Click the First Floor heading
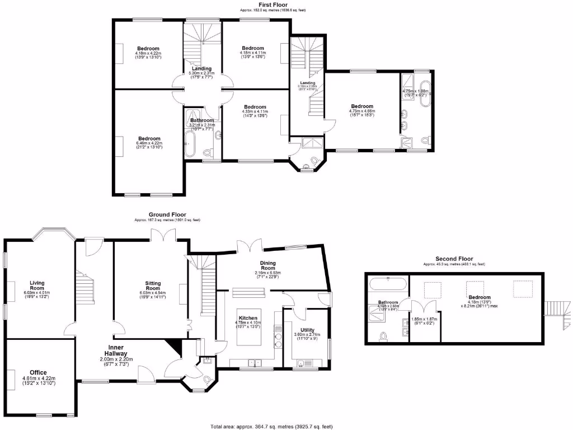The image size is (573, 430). pyautogui.click(x=273, y=4)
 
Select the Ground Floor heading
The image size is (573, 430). pyautogui.click(x=167, y=214)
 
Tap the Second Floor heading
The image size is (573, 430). pyautogui.click(x=454, y=259)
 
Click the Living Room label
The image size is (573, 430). pyautogui.click(x=37, y=283)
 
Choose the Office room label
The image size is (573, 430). pyautogui.click(x=39, y=372)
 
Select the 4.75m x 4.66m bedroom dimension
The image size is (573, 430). pyautogui.click(x=362, y=111)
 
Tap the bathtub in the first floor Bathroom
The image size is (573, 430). pyautogui.click(x=189, y=144)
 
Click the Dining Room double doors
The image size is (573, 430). pyautogui.click(x=249, y=246)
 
